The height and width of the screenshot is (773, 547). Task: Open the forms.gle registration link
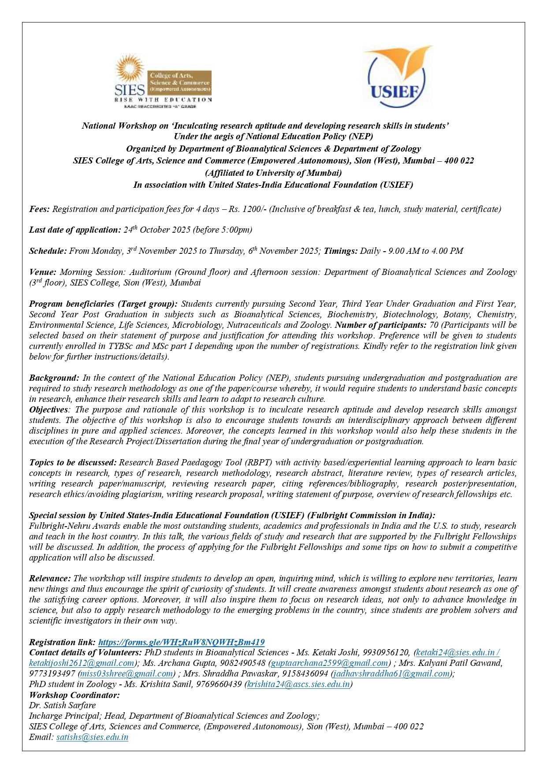click(x=181, y=642)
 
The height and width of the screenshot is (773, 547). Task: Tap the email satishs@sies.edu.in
click(x=92, y=737)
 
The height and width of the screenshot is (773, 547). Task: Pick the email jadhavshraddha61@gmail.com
click(x=391, y=673)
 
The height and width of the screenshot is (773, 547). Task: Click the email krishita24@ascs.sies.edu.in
click(x=298, y=684)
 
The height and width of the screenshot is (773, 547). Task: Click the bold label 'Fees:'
click(x=39, y=209)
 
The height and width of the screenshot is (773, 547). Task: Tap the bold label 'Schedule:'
click(x=48, y=251)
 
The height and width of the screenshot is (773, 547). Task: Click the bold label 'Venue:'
click(x=43, y=272)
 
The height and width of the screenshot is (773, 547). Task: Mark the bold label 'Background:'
click(x=54, y=378)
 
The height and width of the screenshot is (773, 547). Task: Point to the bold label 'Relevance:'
click(x=50, y=578)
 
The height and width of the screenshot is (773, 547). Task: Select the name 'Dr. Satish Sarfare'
click(x=62, y=705)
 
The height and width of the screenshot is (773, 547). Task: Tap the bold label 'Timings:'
click(x=341, y=251)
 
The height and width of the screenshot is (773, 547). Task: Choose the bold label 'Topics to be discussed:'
click(x=73, y=462)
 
